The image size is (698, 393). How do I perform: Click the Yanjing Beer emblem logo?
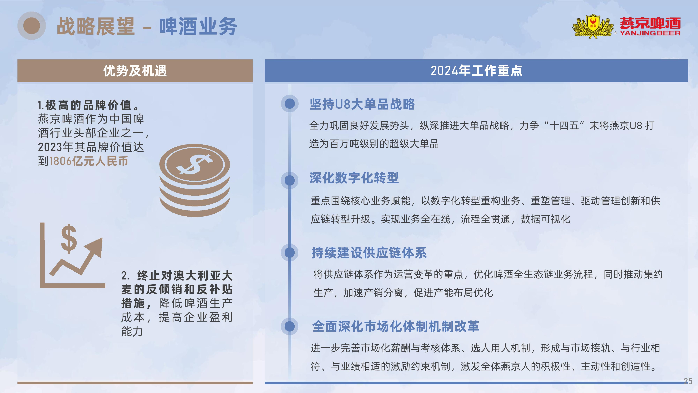tap(593, 26)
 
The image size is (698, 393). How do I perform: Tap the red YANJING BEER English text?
tap(650, 33)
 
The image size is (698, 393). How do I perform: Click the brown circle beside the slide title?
tap(32, 26)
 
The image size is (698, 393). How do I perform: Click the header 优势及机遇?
tap(135, 71)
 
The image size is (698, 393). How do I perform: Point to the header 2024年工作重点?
tap(476, 71)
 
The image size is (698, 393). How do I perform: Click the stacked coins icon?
tap(195, 180)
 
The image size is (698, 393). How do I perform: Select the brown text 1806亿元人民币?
tap(88, 161)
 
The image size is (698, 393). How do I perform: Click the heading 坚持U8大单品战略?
tap(362, 104)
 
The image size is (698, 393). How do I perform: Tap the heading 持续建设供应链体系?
tap(369, 253)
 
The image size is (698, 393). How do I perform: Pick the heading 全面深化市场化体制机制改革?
tap(396, 326)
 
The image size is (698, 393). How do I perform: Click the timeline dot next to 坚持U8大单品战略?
tap(290, 103)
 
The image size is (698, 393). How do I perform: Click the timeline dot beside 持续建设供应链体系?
tap(290, 253)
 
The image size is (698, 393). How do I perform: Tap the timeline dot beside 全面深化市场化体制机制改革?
tap(290, 326)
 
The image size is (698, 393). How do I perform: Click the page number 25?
tap(688, 381)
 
